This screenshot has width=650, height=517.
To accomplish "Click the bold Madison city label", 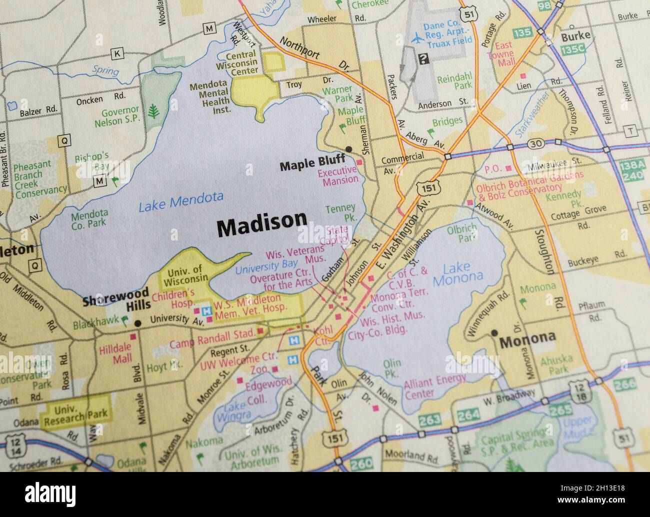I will (261, 227).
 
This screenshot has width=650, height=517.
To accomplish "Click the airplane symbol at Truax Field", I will (416, 37).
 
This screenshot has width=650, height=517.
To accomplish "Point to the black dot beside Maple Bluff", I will (348, 149).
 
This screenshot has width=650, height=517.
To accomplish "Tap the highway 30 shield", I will (536, 144).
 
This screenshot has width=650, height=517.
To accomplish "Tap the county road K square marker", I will (117, 53).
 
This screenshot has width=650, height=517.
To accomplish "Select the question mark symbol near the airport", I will (423, 59).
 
